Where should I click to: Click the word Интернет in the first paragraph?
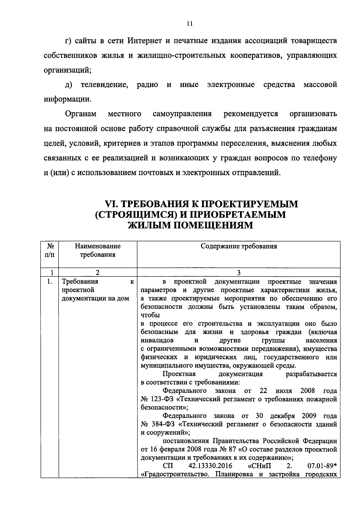tap(145, 41)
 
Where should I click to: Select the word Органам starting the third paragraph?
tap(81, 114)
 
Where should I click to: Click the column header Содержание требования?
tap(238, 246)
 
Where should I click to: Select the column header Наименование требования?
tap(97, 251)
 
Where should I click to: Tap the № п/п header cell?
tap(50, 251)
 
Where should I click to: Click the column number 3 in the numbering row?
tap(238, 273)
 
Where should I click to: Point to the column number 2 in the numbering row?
tap(97, 273)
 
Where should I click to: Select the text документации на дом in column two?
tap(95, 298)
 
